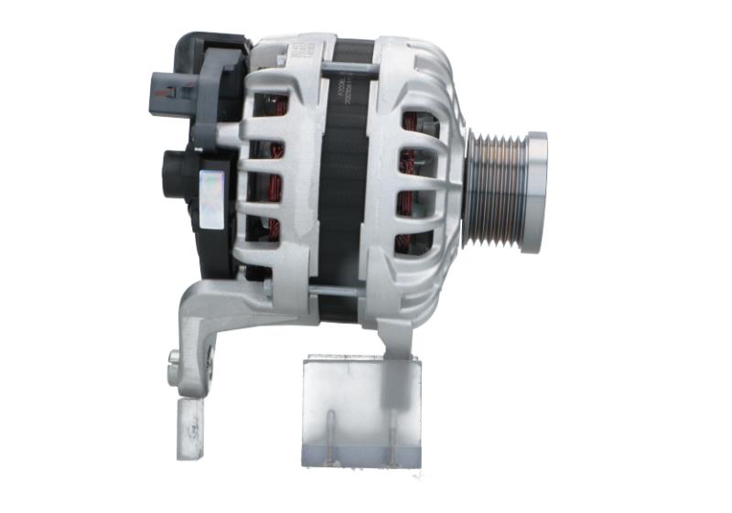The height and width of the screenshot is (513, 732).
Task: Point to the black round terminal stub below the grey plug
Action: [177, 169]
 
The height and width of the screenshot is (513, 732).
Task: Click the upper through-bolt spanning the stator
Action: [344, 69]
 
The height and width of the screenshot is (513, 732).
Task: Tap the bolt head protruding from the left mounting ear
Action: [174, 357]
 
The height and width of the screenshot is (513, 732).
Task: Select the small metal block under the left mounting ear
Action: [191, 425]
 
